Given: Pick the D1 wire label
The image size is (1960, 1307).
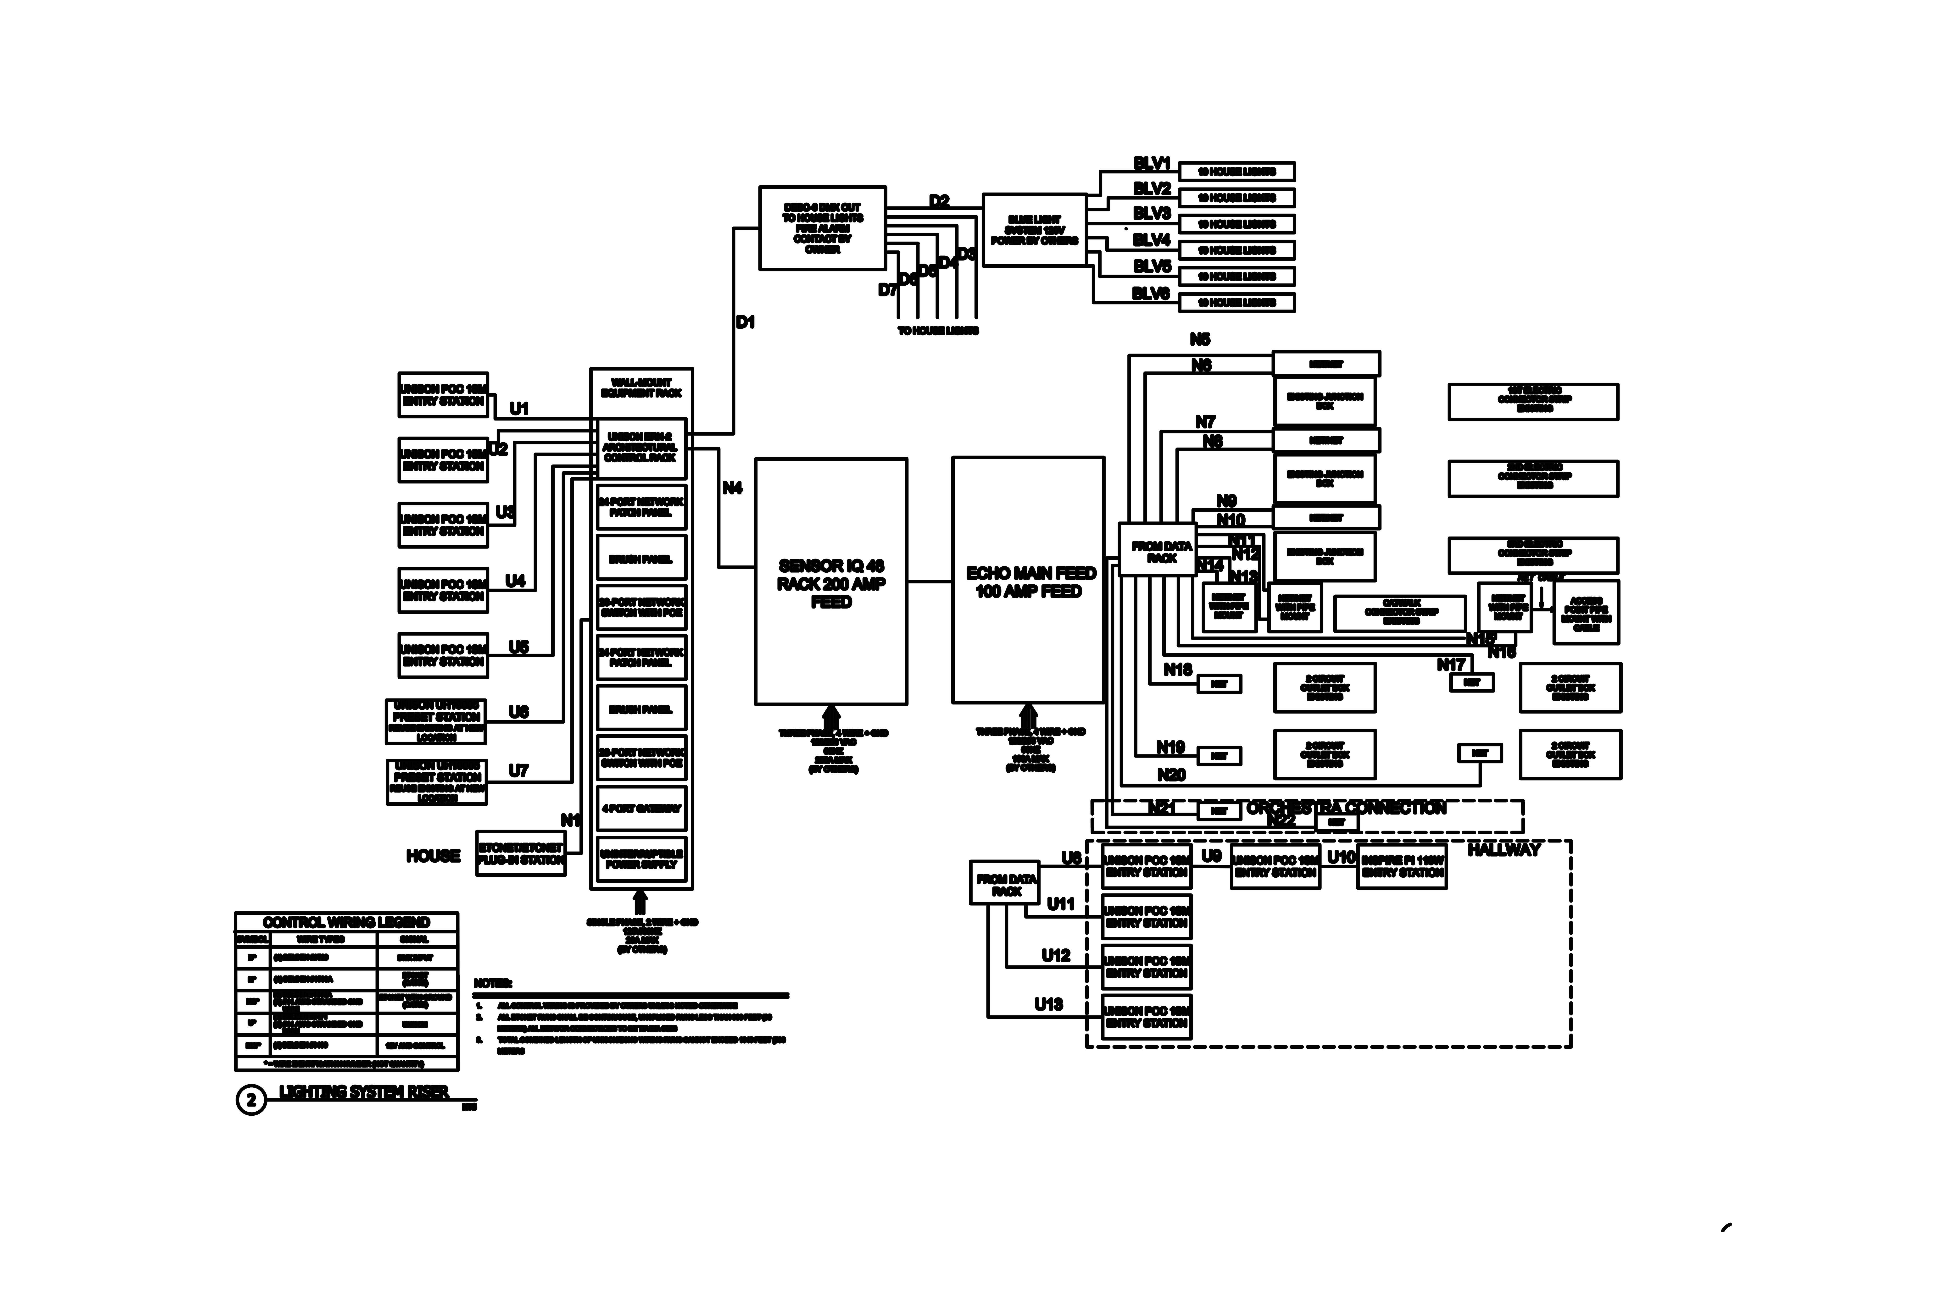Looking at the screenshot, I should [745, 322].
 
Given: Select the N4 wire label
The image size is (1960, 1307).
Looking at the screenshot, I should [732, 488].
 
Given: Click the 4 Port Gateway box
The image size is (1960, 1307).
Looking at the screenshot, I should [641, 809].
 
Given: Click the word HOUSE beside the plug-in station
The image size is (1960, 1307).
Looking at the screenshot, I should [433, 856].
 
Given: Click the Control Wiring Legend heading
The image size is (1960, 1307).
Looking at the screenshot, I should [346, 922].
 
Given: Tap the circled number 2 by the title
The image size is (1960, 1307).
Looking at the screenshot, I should [251, 1100].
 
